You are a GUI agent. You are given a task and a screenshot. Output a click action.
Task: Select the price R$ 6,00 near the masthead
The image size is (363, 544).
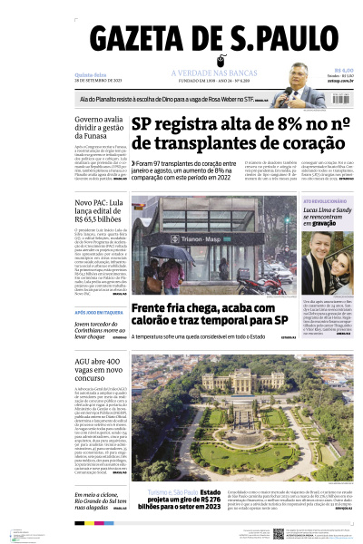(x=343, y=70)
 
